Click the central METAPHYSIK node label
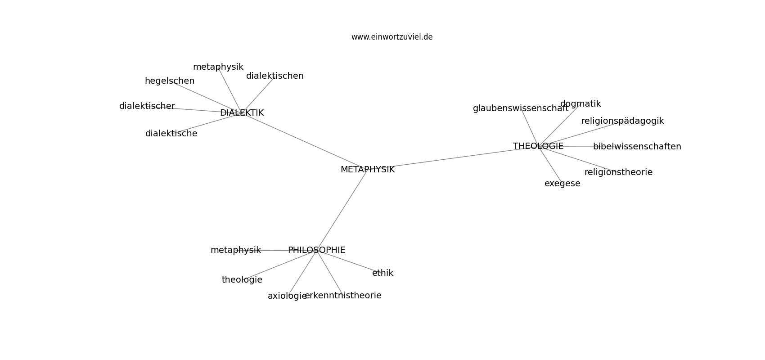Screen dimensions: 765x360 pyautogui.click(x=368, y=169)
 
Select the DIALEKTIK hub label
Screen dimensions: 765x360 pyautogui.click(x=242, y=112)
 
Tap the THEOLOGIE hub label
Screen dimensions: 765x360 pyautogui.click(x=538, y=146)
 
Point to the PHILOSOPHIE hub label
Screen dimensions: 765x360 pyautogui.click(x=317, y=250)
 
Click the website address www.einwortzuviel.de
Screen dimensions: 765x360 pyautogui.click(x=391, y=37)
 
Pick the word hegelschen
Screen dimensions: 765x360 pyautogui.click(x=169, y=81)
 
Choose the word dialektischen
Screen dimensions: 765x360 pyautogui.click(x=274, y=76)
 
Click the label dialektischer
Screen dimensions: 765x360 pyautogui.click(x=147, y=106)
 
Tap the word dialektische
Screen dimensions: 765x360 pyautogui.click(x=171, y=134)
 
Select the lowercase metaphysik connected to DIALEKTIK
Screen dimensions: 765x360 pyautogui.click(x=218, y=67)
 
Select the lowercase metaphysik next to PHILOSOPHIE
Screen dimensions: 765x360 pyautogui.click(x=236, y=250)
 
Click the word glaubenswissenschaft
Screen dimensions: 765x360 pyautogui.click(x=521, y=108)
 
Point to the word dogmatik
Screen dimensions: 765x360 pyautogui.click(x=580, y=104)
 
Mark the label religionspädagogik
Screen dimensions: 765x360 pyautogui.click(x=623, y=121)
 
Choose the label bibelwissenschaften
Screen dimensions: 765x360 pyautogui.click(x=637, y=147)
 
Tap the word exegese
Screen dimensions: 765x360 pyautogui.click(x=562, y=184)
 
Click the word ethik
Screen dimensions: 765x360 pyautogui.click(x=382, y=273)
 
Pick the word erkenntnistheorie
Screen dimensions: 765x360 pyautogui.click(x=343, y=296)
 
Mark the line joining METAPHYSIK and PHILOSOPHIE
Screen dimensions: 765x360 pyautogui.click(x=342, y=210)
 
